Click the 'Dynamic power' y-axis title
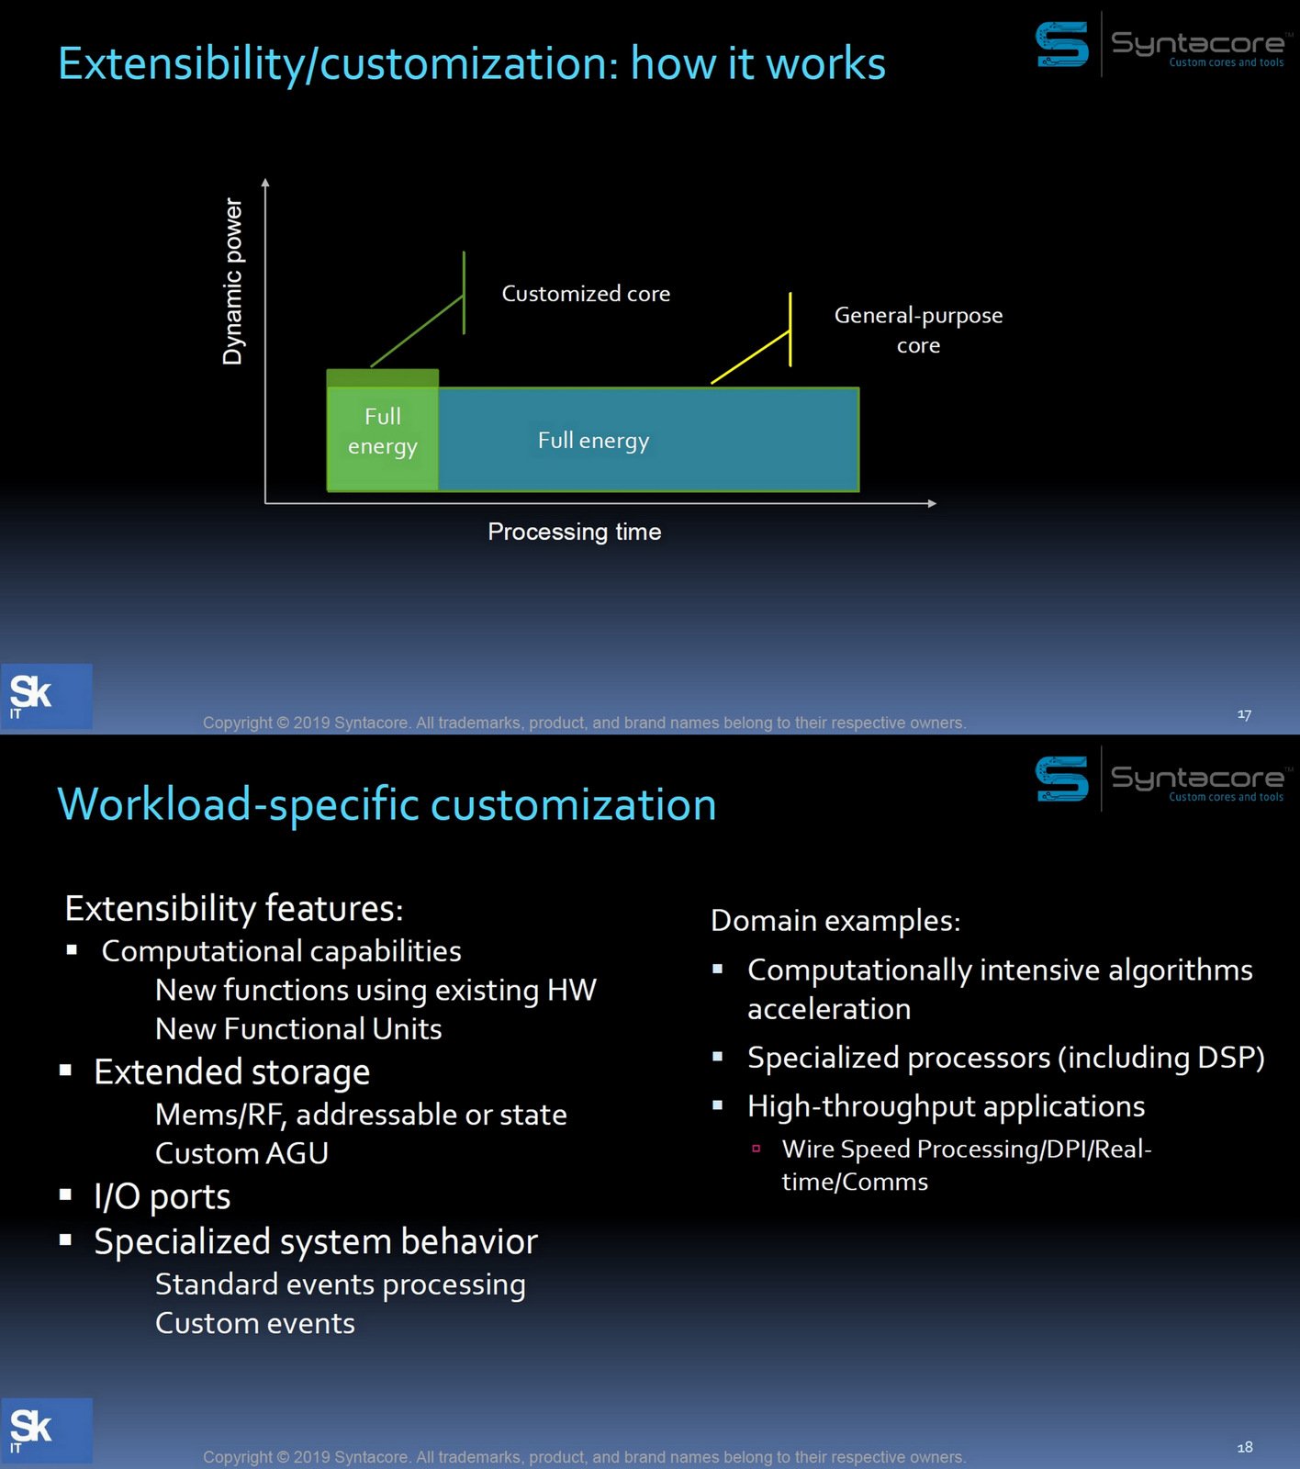pyautogui.click(x=233, y=281)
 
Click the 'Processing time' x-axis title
pyautogui.click(x=574, y=532)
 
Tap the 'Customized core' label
pyautogui.click(x=586, y=294)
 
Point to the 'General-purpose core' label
pyautogui.click(x=918, y=330)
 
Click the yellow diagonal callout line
pyautogui.click(x=749, y=358)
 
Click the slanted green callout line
pyautogui.click(x=418, y=331)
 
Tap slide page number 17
pyautogui.click(x=1244, y=714)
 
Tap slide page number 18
pyautogui.click(x=1244, y=1448)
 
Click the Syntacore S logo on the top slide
pyautogui.click(x=1061, y=44)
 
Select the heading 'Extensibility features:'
pyautogui.click(x=234, y=908)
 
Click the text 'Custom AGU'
pyautogui.click(x=241, y=1153)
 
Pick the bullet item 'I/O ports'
pyautogui.click(x=162, y=1196)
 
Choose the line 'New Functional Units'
pyautogui.click(x=298, y=1029)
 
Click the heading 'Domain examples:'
pyautogui.click(x=835, y=921)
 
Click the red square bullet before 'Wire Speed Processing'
pyautogui.click(x=756, y=1149)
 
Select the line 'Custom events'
pyautogui.click(x=254, y=1324)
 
